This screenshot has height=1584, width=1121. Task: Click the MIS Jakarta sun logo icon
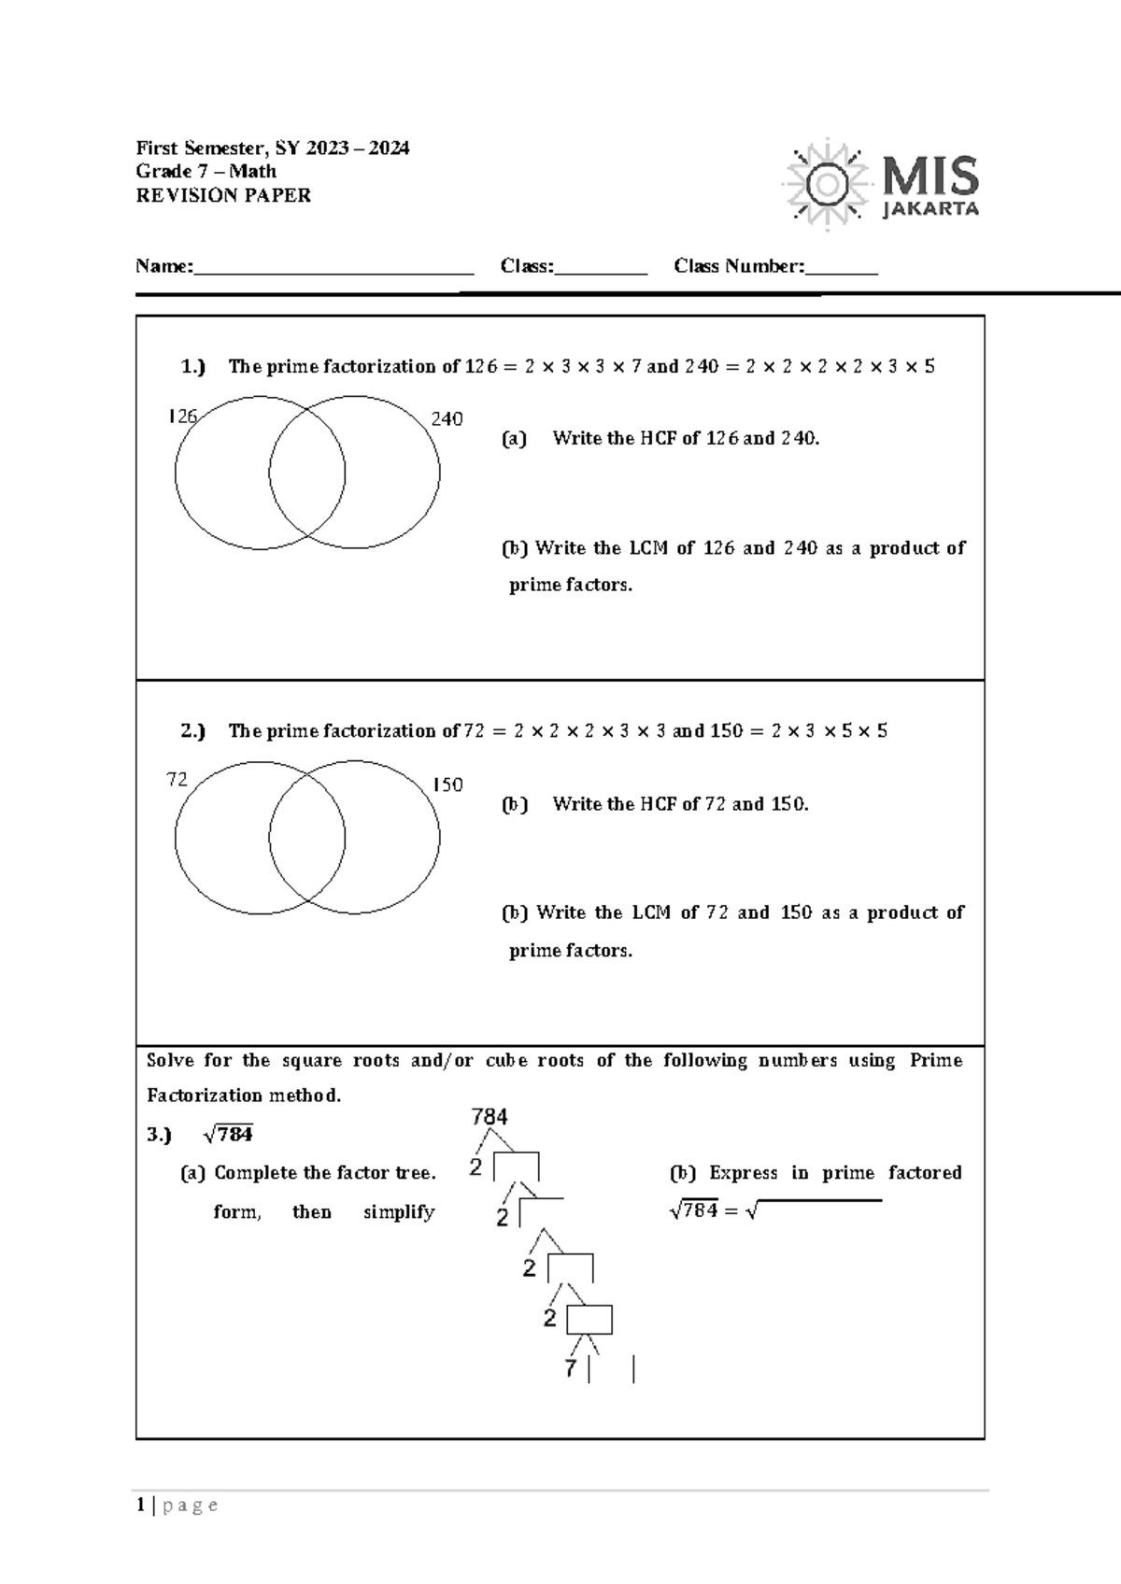[826, 184]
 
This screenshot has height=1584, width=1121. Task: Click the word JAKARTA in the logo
[930, 209]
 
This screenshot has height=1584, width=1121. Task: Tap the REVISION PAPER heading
[223, 196]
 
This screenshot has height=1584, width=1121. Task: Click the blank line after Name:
[333, 269]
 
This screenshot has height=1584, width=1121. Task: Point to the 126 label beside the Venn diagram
[182, 417]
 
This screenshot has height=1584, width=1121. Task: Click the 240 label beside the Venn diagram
[447, 419]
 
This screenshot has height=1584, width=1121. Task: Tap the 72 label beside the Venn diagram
[177, 780]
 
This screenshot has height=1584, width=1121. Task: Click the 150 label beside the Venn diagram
[447, 785]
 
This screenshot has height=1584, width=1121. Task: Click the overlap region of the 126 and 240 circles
[307, 472]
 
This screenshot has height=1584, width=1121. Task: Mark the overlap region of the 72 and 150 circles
[307, 837]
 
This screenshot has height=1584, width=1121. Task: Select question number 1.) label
[193, 367]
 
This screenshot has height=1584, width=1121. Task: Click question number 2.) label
[193, 731]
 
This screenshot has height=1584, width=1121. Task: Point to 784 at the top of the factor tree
[490, 1117]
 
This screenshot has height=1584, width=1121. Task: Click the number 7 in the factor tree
[571, 1369]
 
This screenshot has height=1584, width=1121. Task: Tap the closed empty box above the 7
[589, 1320]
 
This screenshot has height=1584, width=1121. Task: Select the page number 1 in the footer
[140, 1505]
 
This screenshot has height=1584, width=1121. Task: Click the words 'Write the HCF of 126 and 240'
[686, 438]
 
